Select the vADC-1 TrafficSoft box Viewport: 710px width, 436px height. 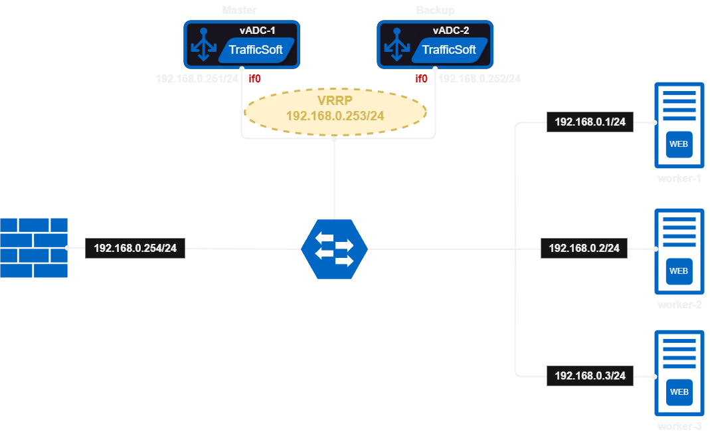(242, 45)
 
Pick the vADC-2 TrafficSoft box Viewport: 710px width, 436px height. (435, 45)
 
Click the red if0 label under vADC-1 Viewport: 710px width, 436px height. (254, 78)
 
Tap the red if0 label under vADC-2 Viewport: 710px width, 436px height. (421, 78)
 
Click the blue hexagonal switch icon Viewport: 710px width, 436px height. (334, 248)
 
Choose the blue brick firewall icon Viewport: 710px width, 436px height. (34, 247)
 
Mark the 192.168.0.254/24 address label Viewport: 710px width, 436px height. (135, 249)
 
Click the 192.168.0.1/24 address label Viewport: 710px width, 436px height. (590, 122)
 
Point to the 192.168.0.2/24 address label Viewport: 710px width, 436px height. (584, 249)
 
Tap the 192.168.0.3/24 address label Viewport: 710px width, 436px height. (590, 376)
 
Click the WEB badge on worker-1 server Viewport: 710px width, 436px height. (678, 144)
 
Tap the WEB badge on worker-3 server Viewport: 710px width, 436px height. (678, 392)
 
